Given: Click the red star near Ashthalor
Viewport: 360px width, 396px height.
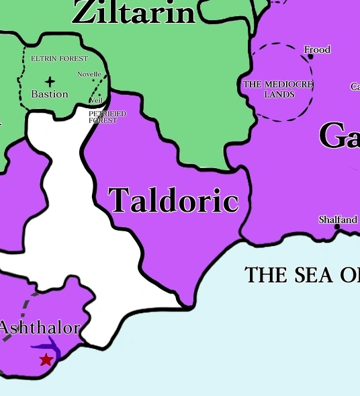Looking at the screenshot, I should (x=46, y=359).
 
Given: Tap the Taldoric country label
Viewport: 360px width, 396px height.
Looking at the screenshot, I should (x=173, y=200).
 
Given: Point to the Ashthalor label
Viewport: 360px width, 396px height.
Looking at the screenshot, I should (x=40, y=329).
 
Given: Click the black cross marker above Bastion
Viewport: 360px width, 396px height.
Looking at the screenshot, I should (x=50, y=82).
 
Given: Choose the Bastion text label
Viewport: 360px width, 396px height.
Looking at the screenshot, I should (x=50, y=94).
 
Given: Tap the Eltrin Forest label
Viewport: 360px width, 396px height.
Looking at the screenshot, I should (x=59, y=59).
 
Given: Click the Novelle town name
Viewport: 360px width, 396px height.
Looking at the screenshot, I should (x=89, y=74).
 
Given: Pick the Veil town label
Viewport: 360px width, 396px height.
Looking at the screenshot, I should (x=95, y=101).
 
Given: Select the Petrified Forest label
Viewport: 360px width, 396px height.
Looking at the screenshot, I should (x=107, y=117).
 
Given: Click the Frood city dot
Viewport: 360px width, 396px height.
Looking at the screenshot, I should (x=310, y=57).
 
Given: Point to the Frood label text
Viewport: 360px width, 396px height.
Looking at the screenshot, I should (x=317, y=49).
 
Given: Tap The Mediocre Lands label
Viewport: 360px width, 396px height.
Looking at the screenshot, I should (x=279, y=89).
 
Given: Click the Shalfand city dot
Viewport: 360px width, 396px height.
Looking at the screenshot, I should (x=337, y=227).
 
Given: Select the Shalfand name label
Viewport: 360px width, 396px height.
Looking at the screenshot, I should (x=338, y=219).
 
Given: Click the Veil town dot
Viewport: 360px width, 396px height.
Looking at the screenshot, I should (x=100, y=95).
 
